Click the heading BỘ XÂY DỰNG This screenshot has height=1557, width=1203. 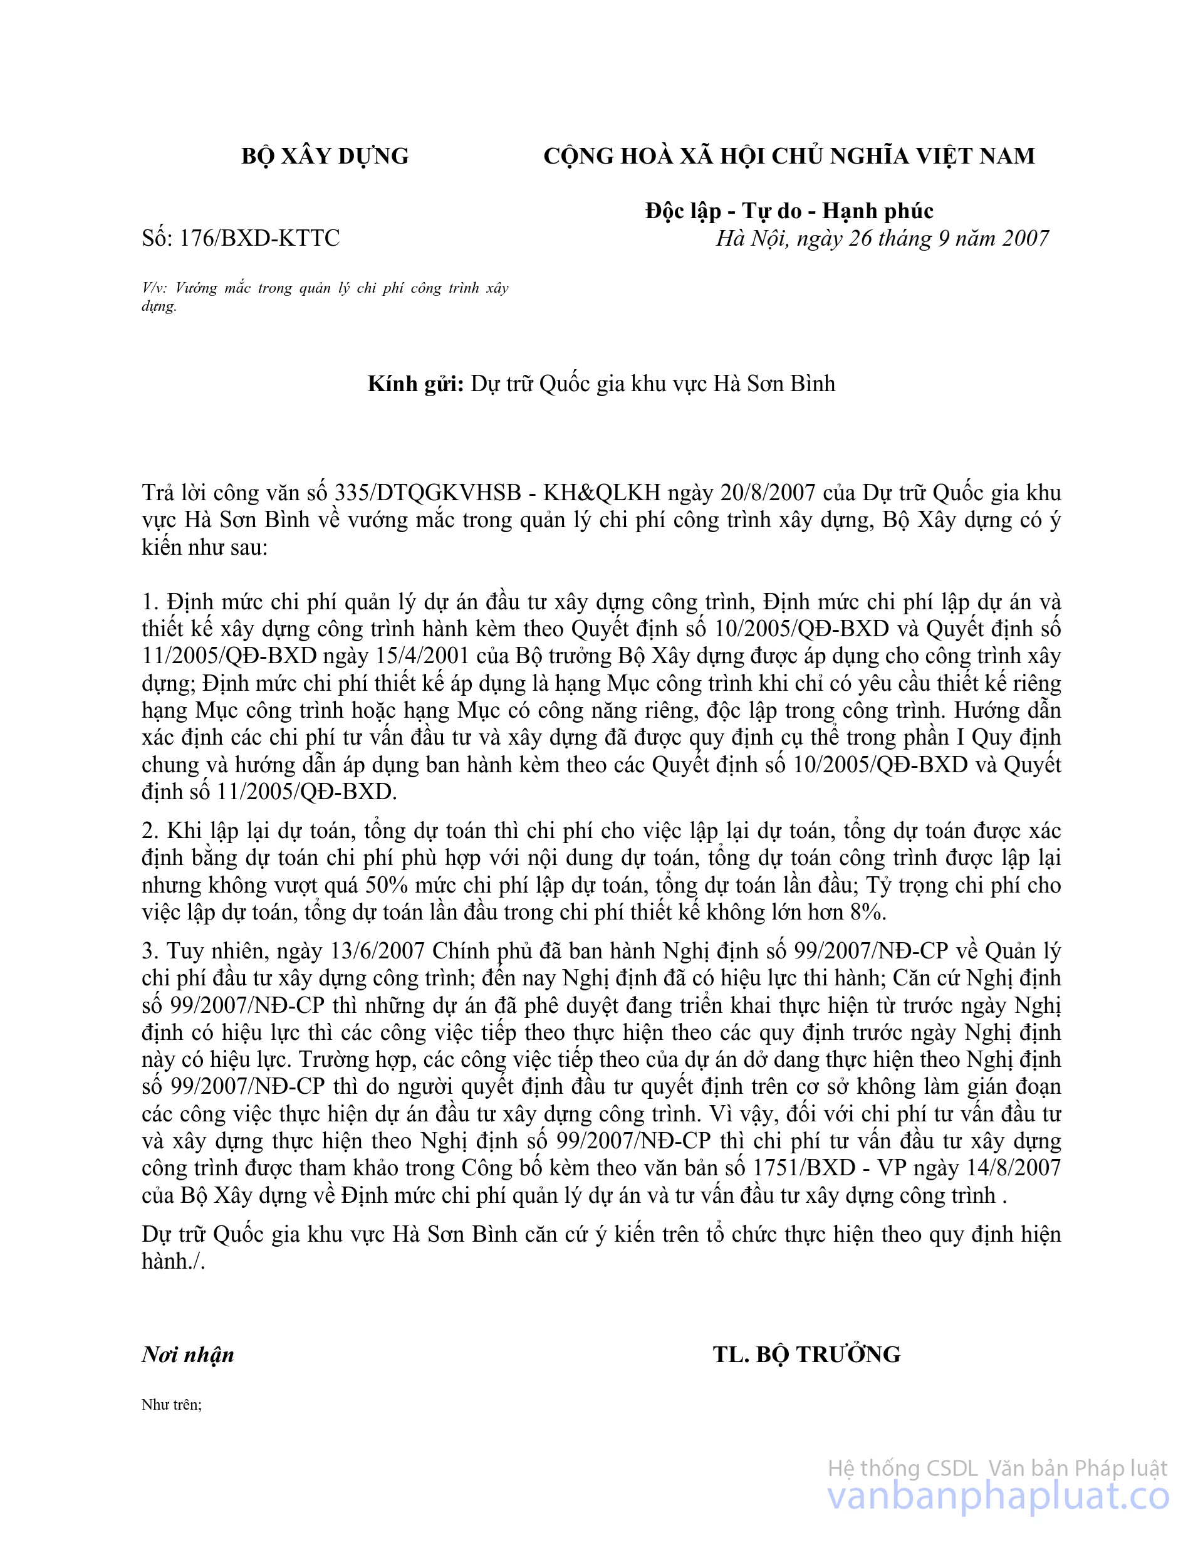(325, 156)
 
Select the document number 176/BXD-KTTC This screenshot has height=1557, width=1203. (259, 238)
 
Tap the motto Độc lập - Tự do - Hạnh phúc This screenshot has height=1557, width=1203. (789, 211)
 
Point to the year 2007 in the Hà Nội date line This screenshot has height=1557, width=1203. (1025, 238)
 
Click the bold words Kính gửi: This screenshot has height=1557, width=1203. (415, 384)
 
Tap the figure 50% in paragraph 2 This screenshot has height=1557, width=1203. (385, 886)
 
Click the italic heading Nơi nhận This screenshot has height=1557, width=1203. (188, 1355)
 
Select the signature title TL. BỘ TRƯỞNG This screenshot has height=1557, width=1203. (807, 1355)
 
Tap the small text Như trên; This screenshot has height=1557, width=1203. (172, 1405)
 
